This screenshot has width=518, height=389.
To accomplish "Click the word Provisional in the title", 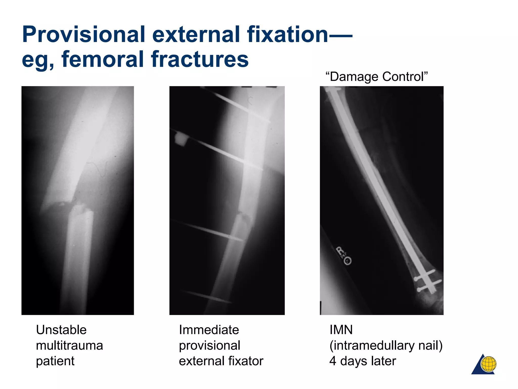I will tap(83, 34).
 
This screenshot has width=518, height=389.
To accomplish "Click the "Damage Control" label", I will tap(376, 76).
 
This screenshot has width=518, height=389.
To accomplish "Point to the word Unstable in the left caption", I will tap(61, 330).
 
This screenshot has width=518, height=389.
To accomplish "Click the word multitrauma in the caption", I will tap(69, 345).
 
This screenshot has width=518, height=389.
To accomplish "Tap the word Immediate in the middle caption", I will tap(209, 330).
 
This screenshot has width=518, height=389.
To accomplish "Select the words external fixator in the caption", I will tap(221, 361).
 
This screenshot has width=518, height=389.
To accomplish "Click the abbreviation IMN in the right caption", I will tap(341, 330).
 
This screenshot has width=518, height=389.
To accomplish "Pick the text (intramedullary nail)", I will tap(386, 345).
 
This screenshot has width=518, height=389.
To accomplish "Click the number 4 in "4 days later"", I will tap(333, 361).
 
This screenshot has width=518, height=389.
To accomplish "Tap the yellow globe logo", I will tap(488, 364).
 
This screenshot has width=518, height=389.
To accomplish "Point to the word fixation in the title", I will tap(287, 34).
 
